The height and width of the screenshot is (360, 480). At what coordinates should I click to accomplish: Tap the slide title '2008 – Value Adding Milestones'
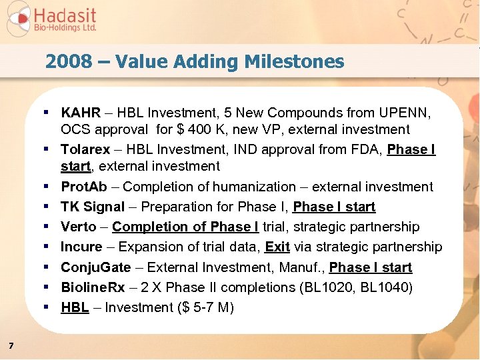(195, 62)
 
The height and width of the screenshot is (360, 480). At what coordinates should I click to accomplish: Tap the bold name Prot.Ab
(85, 187)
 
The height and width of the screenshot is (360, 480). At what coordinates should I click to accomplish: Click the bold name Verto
(79, 227)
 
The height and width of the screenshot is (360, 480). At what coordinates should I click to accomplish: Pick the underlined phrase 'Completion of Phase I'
(175, 227)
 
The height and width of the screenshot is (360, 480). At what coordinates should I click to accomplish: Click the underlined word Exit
(277, 247)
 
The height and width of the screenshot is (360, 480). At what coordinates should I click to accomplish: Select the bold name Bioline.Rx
(96, 287)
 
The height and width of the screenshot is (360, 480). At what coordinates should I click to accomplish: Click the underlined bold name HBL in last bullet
(75, 307)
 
